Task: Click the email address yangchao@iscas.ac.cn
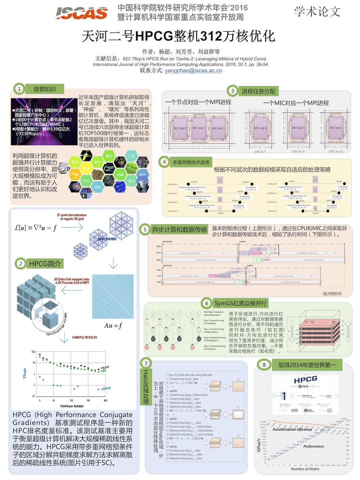coord(193,70)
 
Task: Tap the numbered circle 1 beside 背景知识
coord(19,89)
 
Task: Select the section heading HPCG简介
coord(45,264)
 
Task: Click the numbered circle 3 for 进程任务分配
coord(233,91)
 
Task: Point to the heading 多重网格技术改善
coord(191,162)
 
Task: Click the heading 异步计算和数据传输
coord(179,229)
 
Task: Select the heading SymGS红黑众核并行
coord(240,303)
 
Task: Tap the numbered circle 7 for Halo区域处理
coord(146,363)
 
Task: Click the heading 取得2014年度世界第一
coord(307,365)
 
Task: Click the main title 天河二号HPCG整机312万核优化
coord(179,36)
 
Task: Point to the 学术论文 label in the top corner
coord(317,12)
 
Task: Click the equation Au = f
coord(113,325)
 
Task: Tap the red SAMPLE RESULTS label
coord(85,337)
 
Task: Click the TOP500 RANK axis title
coord(72,406)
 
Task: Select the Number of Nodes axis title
coord(305,469)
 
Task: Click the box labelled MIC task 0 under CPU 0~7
coord(260,128)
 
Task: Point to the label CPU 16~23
coord(336,151)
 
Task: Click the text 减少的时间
coord(332,294)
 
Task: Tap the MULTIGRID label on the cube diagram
coord(107,239)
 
